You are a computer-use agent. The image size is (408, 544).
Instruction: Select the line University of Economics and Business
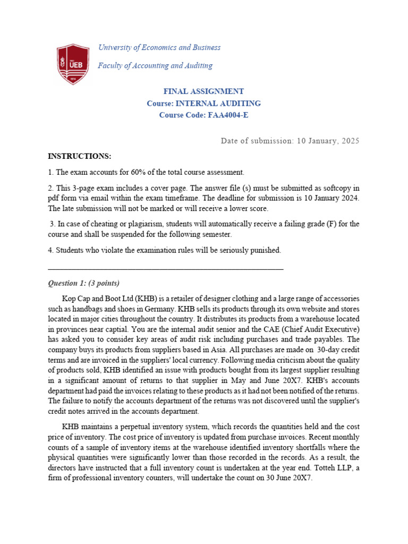[159, 47]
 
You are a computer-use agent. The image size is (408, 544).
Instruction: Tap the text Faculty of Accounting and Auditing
[155, 65]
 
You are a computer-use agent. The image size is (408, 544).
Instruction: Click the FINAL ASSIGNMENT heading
[203, 91]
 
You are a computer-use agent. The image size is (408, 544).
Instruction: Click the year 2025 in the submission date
[349, 141]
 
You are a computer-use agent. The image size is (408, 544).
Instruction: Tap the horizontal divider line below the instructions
[165, 269]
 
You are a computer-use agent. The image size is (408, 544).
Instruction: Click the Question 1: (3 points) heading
[84, 283]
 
